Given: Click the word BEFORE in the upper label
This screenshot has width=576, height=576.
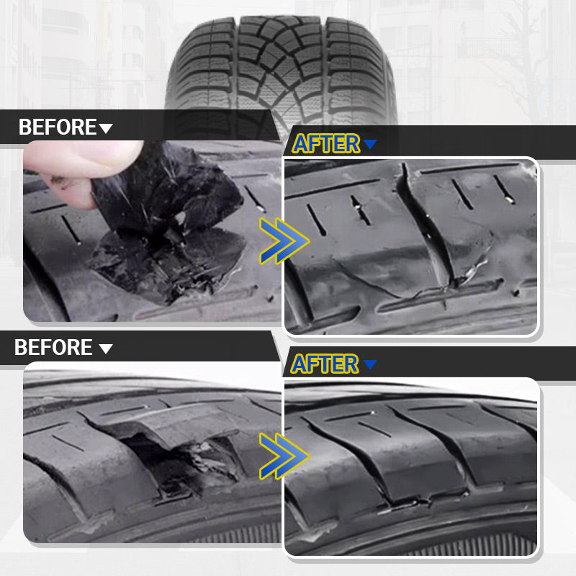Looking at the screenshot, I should tap(57, 128).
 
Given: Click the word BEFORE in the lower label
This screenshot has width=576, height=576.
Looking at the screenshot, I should tap(53, 348).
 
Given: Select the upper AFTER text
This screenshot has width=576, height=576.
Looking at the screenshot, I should tap(325, 144).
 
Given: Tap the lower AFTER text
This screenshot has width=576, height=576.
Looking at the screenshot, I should tap(324, 364).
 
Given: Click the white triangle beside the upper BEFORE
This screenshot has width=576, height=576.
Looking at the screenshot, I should tap(106, 129).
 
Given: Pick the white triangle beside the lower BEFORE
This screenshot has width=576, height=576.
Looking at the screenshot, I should tap(106, 349).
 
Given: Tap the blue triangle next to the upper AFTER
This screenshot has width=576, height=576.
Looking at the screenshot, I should tap(370, 145).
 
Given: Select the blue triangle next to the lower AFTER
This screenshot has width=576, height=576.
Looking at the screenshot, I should tap(370, 364).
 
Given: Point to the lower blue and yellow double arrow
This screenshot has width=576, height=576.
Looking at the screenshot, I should tap(283, 455).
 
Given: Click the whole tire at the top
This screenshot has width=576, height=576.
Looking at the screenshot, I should tap(281, 65).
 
